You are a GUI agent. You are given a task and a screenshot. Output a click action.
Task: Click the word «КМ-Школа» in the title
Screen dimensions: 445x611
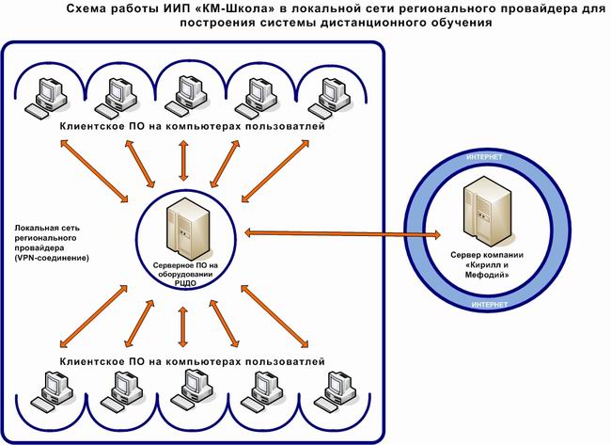click(232, 8)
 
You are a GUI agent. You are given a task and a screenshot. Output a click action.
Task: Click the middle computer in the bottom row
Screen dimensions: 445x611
click(188, 387)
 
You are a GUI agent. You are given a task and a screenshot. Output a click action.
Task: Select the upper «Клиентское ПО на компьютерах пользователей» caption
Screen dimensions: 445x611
click(192, 125)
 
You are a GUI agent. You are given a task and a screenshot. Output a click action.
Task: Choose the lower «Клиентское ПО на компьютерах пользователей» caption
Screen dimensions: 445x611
click(192, 361)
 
